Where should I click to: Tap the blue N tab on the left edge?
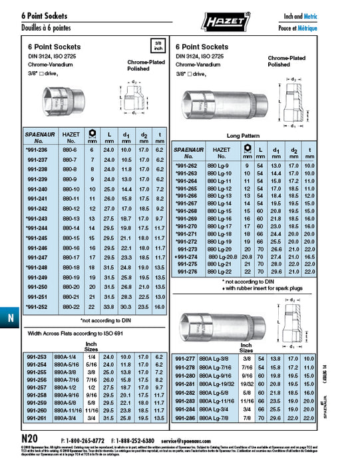click(x=10, y=318)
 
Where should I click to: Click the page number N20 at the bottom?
click(x=30, y=439)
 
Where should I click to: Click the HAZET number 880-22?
click(x=71, y=306)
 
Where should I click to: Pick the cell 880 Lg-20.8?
click(x=221, y=256)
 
